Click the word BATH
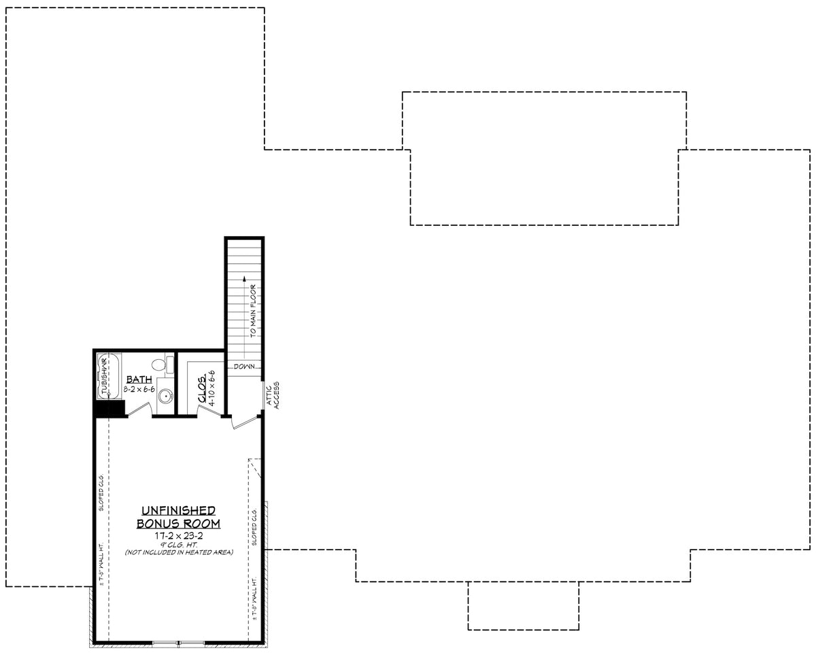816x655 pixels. point(138,380)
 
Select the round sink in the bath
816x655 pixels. point(164,397)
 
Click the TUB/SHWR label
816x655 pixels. point(105,381)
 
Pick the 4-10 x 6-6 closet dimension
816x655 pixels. point(212,388)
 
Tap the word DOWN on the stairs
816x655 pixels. point(244,367)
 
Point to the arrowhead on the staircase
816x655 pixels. point(244,278)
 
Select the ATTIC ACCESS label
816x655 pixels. point(273,394)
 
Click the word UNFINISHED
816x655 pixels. point(178,510)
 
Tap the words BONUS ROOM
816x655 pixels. point(178,523)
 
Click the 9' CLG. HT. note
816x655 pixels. point(178,544)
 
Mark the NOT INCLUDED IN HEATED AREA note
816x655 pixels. point(178,552)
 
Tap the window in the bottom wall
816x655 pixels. point(179,642)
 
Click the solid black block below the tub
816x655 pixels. point(109,408)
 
